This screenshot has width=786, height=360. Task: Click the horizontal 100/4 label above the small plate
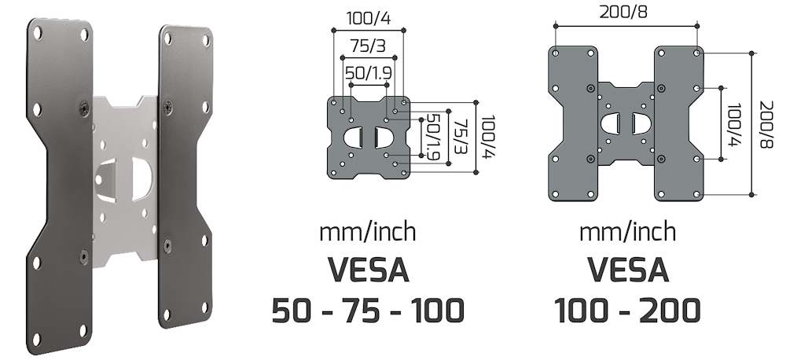[x=369, y=17]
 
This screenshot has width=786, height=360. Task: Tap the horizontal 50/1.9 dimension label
[x=369, y=72]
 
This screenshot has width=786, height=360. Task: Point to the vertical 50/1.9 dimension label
[x=432, y=137]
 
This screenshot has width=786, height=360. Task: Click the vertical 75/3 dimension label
[x=458, y=137]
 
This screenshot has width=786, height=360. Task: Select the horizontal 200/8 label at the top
[x=626, y=13]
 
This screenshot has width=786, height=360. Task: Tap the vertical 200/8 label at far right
[x=764, y=126]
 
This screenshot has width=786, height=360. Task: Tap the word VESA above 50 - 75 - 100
[x=368, y=271]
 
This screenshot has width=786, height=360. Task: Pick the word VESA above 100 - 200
[x=627, y=271]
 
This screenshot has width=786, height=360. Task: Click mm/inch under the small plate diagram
[x=368, y=232]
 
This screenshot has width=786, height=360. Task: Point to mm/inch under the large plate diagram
[x=627, y=232]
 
